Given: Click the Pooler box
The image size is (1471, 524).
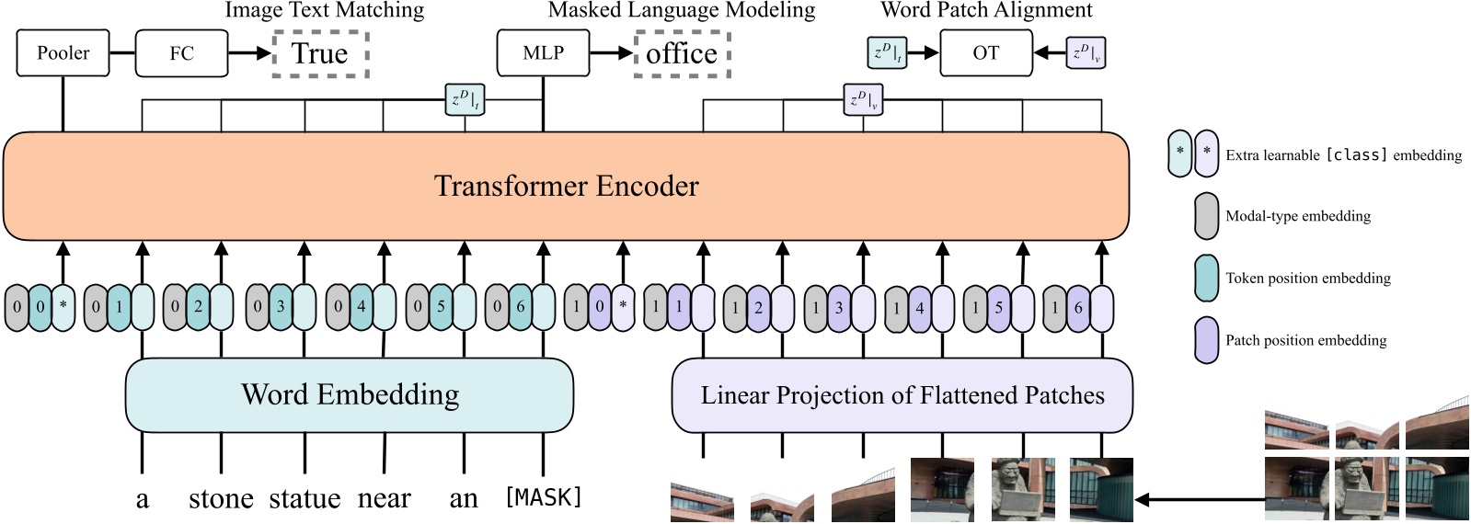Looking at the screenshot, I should point(63,52).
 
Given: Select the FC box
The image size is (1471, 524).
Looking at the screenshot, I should point(181,52).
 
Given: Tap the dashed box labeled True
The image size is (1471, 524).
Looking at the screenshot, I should point(320,53).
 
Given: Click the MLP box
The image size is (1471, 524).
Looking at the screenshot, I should point(543,52).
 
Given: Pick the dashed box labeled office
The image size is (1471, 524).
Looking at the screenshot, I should point(682,53).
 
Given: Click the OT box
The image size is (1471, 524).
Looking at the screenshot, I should point(985,52).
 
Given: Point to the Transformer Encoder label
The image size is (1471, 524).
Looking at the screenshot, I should point(566,186).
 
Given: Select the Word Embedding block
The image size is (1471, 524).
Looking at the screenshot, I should point(350,394).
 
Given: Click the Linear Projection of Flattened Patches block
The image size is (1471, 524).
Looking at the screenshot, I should point(902,395).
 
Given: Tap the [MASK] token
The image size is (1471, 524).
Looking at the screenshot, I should point(544,497).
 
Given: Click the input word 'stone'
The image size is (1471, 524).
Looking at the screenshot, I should point(221,498).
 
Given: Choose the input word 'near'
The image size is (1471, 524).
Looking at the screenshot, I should point(384,498).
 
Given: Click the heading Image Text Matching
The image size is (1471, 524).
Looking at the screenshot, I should point(325,10).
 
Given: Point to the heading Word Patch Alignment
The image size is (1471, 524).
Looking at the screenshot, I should point(986,10).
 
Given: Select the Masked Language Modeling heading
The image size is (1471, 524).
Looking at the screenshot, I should point(682,10).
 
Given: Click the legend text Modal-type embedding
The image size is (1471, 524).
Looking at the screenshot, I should point(1297,216).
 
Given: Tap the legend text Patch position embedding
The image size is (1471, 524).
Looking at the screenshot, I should point(1305,340).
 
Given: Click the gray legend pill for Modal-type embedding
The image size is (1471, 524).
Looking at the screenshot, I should point(1206,216).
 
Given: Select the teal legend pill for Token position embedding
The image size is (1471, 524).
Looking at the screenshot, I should point(1206,278).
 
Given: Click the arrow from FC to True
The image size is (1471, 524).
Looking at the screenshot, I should point(249,52).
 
